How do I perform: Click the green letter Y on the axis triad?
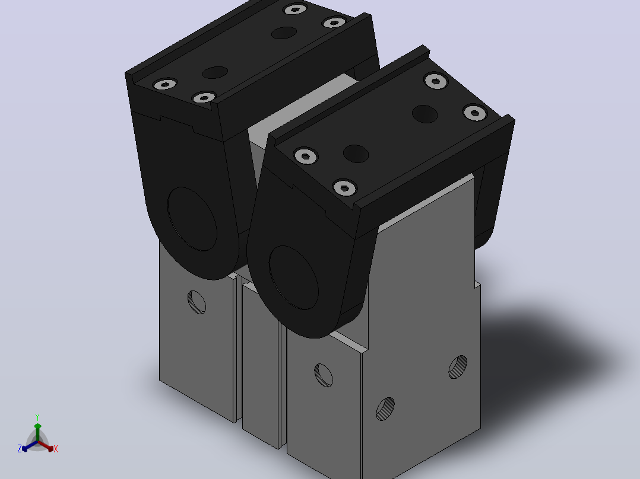pos(37,417)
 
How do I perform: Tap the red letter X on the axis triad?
pos(56,449)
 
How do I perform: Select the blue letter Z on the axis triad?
pos(20,448)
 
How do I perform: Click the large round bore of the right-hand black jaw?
pos(293,277)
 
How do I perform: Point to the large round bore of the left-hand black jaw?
pos(192,219)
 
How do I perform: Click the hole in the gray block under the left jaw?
pos(197,302)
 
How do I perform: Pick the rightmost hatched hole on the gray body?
pos(458,367)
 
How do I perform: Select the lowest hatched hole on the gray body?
pos(385,409)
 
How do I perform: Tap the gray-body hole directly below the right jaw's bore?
pos(324,375)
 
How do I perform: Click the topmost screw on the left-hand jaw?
pos(294,9)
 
